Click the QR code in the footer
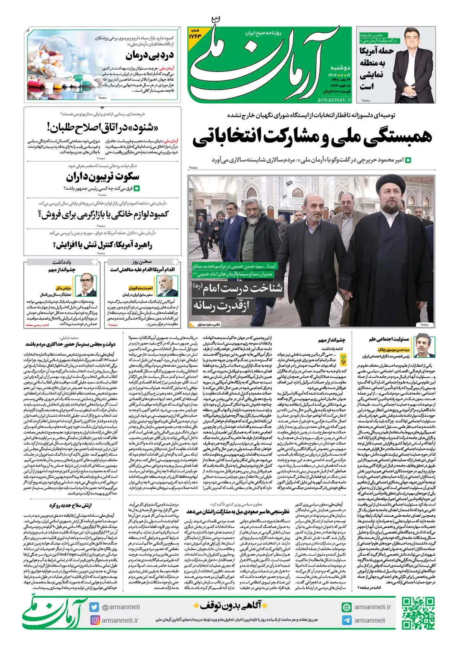tap(418, 614)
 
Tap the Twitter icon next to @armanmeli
tap(94, 607)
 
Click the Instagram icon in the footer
tap(94, 620)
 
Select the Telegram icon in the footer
tap(347, 620)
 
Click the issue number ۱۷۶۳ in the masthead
tap(195, 34)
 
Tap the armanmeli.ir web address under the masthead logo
tap(334, 100)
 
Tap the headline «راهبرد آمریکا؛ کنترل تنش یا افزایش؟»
tap(104, 244)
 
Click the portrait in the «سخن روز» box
tap(167, 285)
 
